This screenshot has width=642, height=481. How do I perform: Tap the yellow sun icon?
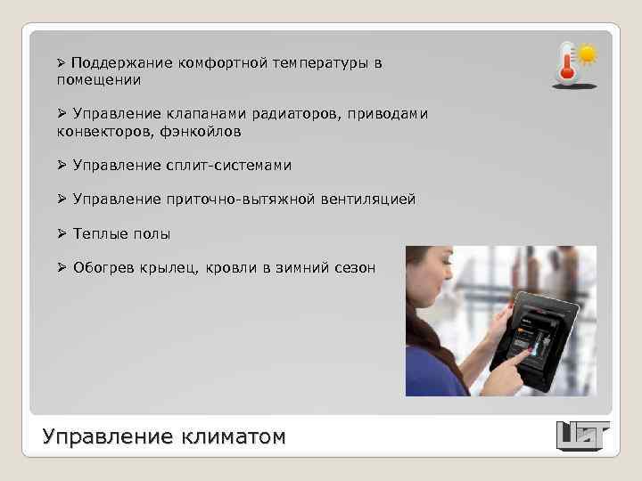click(x=587, y=53)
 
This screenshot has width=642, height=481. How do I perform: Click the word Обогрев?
click(x=103, y=267)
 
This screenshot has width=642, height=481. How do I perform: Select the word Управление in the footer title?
click(x=106, y=437)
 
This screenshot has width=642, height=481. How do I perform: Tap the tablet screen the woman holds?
click(x=535, y=342)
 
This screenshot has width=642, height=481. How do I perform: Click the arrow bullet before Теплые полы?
click(x=62, y=233)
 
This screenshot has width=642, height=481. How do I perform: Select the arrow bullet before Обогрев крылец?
click(x=62, y=267)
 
